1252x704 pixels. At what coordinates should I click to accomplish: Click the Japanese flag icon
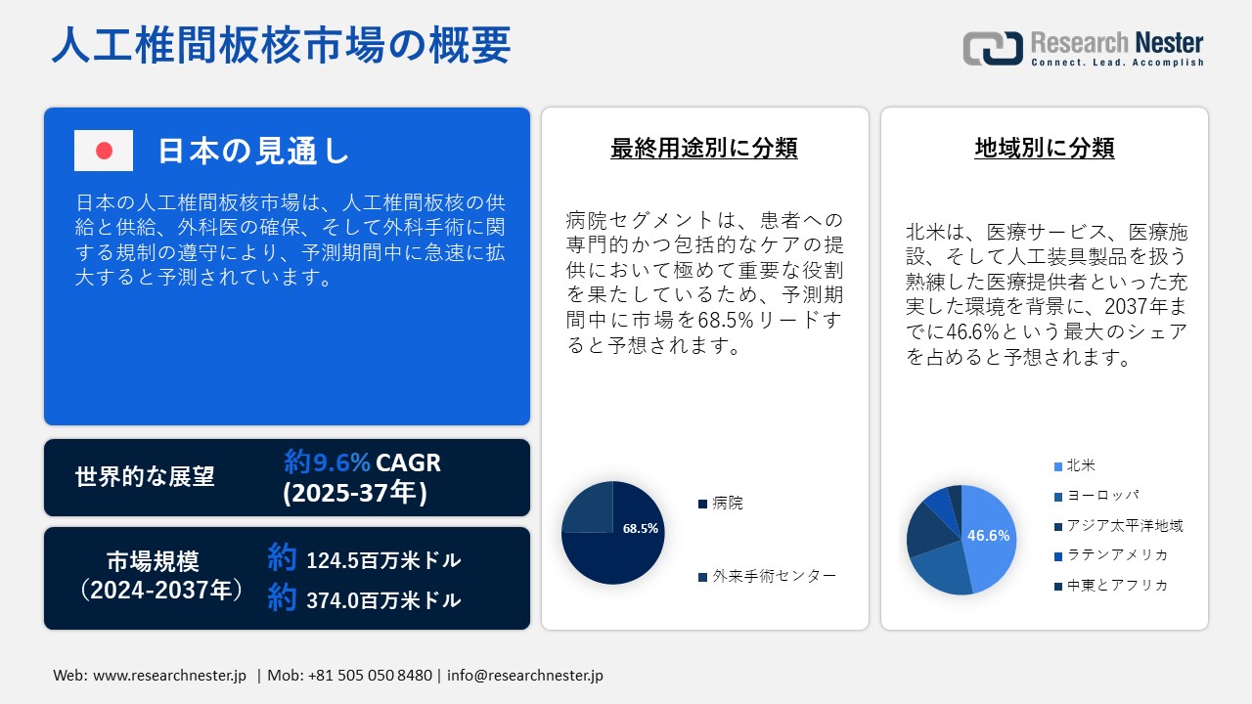coord(104,151)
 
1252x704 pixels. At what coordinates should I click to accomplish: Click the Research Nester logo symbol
coord(993,48)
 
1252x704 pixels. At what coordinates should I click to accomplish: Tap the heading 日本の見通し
coord(253,151)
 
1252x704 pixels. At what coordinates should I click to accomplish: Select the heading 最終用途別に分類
coord(704,148)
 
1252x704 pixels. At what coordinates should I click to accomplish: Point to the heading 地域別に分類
coord(1045,148)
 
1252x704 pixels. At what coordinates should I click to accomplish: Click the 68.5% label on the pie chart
coord(641,528)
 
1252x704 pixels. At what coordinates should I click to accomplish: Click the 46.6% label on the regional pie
coord(988,536)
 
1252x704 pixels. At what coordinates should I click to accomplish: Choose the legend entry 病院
coord(728,504)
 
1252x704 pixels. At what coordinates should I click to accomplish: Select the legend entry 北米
coord(1080,465)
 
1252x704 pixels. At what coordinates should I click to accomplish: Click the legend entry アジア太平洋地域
coord(1125,526)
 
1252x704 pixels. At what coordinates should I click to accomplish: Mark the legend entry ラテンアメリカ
coord(1117,555)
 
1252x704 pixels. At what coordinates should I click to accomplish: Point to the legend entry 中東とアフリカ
coord(1117,586)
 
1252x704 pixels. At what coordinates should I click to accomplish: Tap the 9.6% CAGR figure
coord(362,462)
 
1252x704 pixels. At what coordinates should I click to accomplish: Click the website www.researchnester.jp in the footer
coord(169,676)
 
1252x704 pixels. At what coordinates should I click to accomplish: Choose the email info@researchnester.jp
coord(526,676)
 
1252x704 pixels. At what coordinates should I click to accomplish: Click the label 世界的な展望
coord(145,477)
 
